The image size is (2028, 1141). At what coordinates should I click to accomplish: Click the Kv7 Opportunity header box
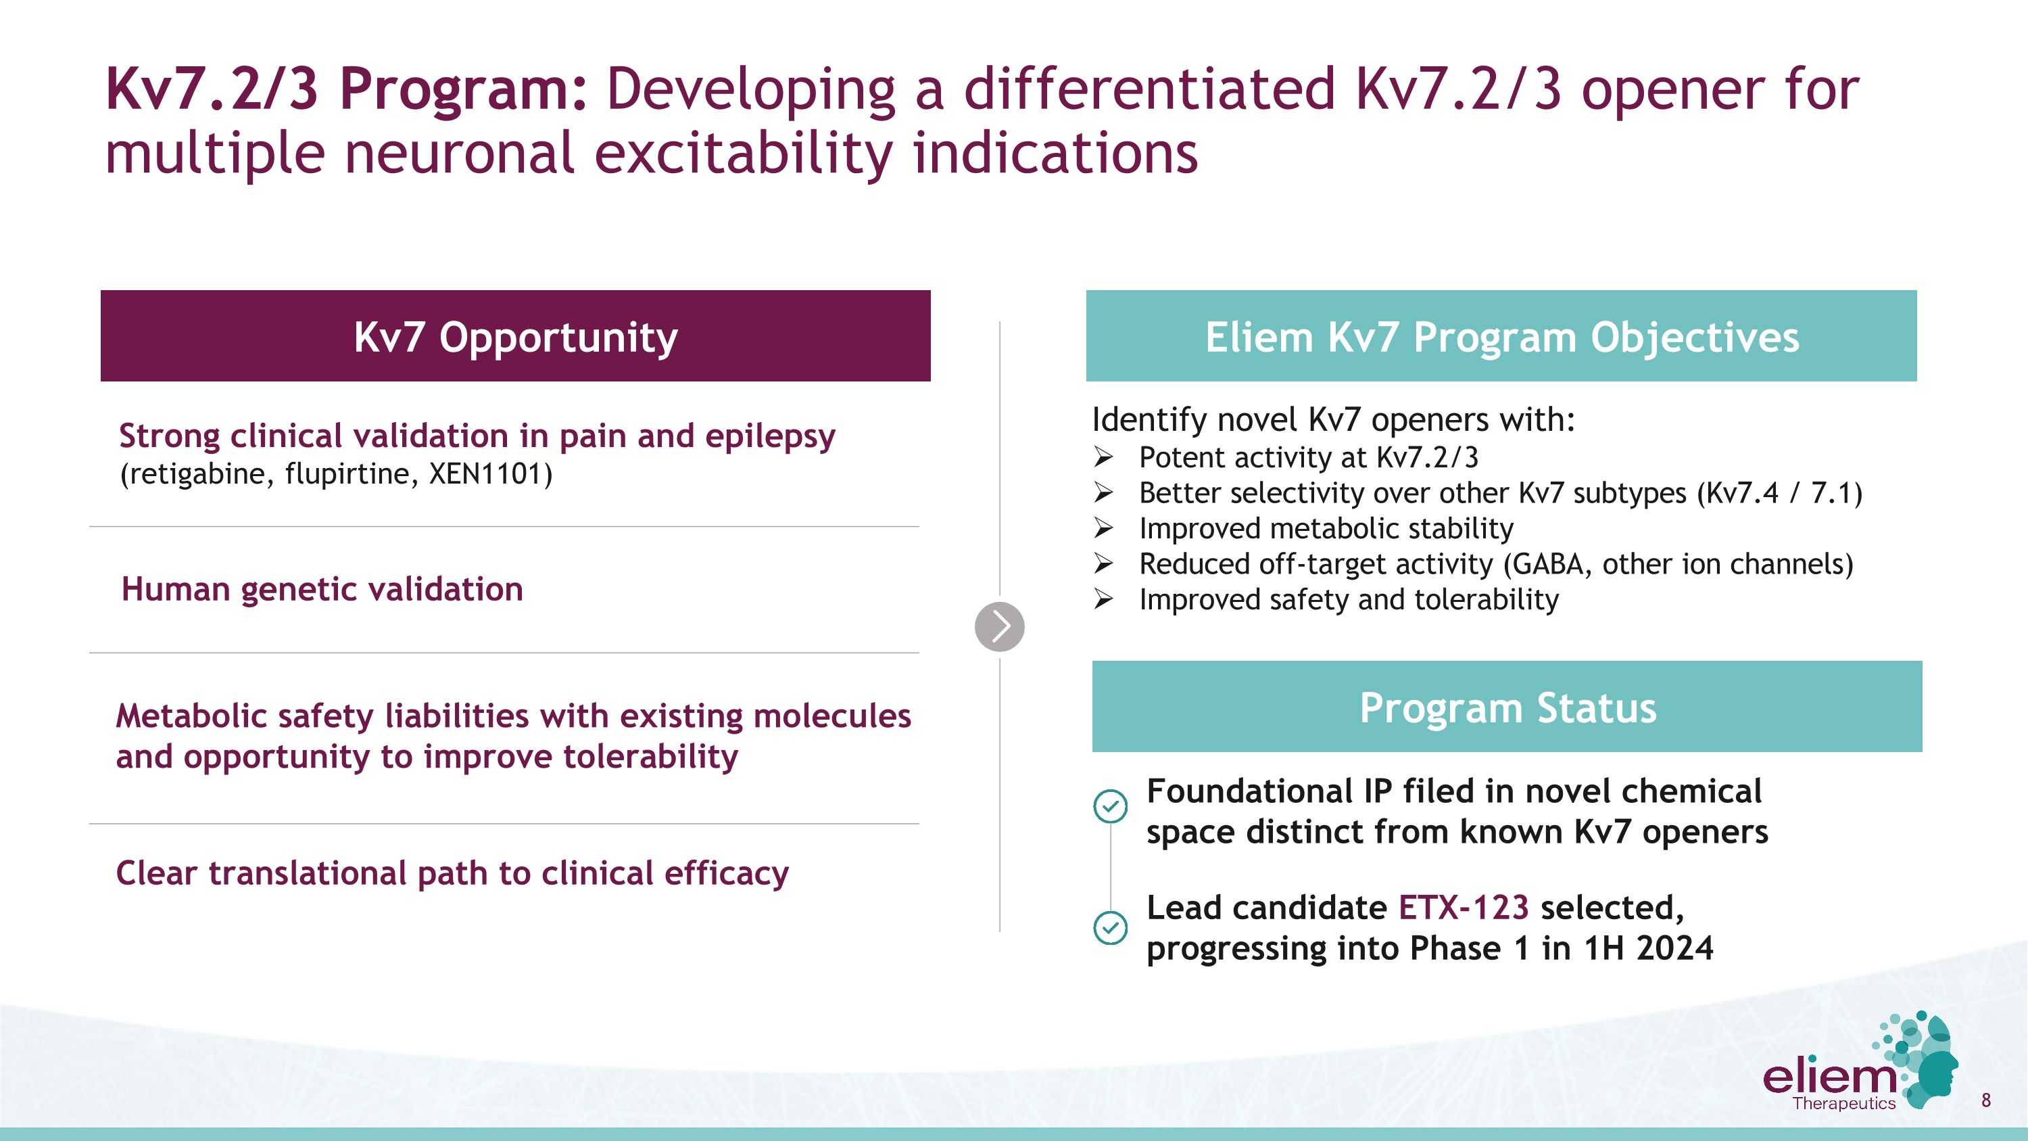pyautogui.click(x=515, y=336)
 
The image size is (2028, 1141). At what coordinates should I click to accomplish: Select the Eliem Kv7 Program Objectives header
pyautogui.click(x=1501, y=336)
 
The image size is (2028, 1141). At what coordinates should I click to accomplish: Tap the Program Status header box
pyautogui.click(x=1506, y=707)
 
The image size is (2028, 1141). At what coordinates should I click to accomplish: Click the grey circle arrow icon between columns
pyautogui.click(x=999, y=627)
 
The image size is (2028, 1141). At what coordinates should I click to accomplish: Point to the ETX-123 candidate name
pyautogui.click(x=1463, y=908)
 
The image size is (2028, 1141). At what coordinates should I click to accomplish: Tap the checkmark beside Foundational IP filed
pyautogui.click(x=1110, y=806)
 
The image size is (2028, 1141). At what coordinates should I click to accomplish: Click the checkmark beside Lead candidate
pyautogui.click(x=1110, y=927)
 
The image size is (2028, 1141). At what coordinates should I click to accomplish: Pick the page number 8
pyautogui.click(x=1985, y=1100)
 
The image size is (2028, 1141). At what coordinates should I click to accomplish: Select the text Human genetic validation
pyautogui.click(x=322, y=589)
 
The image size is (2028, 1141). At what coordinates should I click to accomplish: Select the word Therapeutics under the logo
pyautogui.click(x=1843, y=1103)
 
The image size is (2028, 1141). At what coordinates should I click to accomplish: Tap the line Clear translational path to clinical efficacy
pyautogui.click(x=452, y=873)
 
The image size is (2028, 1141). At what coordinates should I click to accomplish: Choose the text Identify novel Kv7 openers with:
pyautogui.click(x=1333, y=420)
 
